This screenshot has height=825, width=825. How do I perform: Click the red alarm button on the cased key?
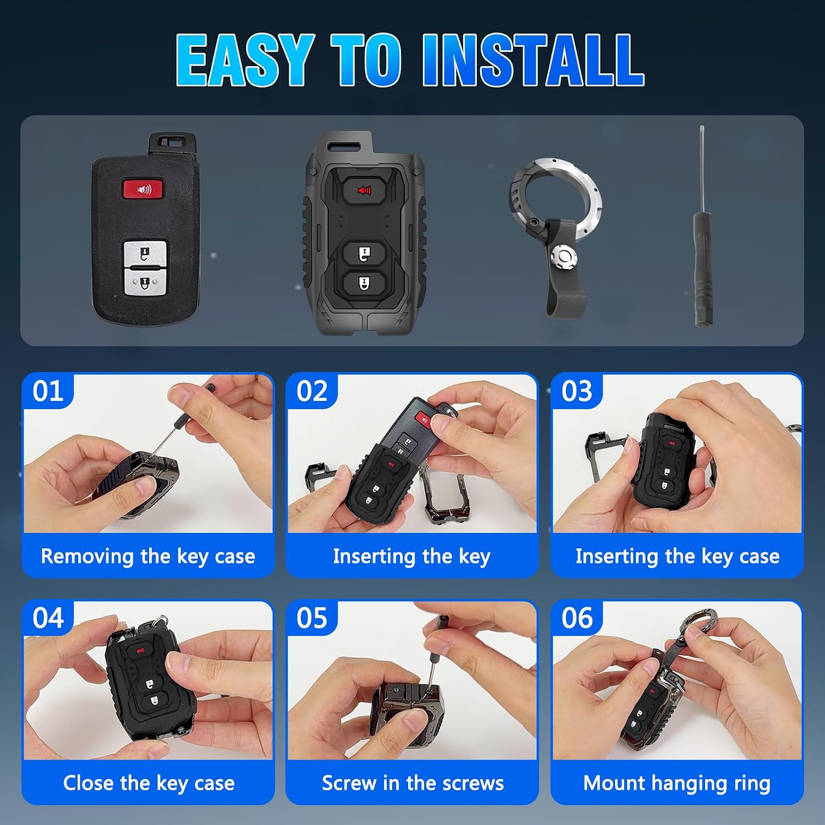(x=364, y=190)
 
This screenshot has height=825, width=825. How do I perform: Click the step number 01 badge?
(x=48, y=391)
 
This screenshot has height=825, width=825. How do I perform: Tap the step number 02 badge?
(x=312, y=391)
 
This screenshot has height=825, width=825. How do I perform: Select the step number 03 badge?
(x=577, y=391)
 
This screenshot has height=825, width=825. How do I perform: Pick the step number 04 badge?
(x=48, y=618)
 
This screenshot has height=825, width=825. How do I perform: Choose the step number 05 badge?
(x=312, y=618)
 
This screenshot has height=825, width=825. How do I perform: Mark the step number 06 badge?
(x=577, y=618)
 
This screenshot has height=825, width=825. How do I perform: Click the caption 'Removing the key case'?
(x=148, y=557)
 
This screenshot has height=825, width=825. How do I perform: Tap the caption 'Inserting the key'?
(x=411, y=557)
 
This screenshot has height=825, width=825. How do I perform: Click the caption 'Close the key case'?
(x=148, y=783)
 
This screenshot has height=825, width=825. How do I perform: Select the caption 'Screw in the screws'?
(x=413, y=783)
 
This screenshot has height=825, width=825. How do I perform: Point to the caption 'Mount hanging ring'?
(x=676, y=783)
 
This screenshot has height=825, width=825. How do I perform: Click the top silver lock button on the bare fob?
(x=144, y=252)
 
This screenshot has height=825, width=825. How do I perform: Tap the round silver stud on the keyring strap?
(x=564, y=257)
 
